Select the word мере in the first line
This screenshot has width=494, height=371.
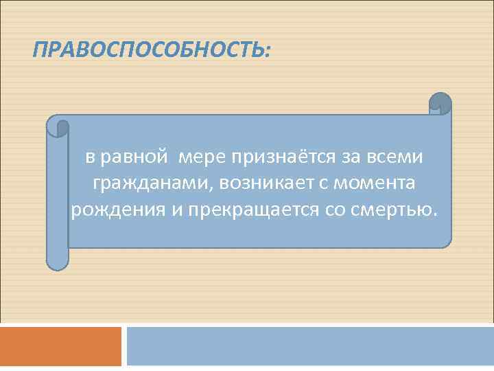(203, 157)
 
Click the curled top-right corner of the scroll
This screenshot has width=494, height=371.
(440, 104)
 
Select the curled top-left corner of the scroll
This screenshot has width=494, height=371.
(59, 126)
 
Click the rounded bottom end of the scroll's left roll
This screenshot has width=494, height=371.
(57, 262)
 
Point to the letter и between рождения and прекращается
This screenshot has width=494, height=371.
(176, 209)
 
